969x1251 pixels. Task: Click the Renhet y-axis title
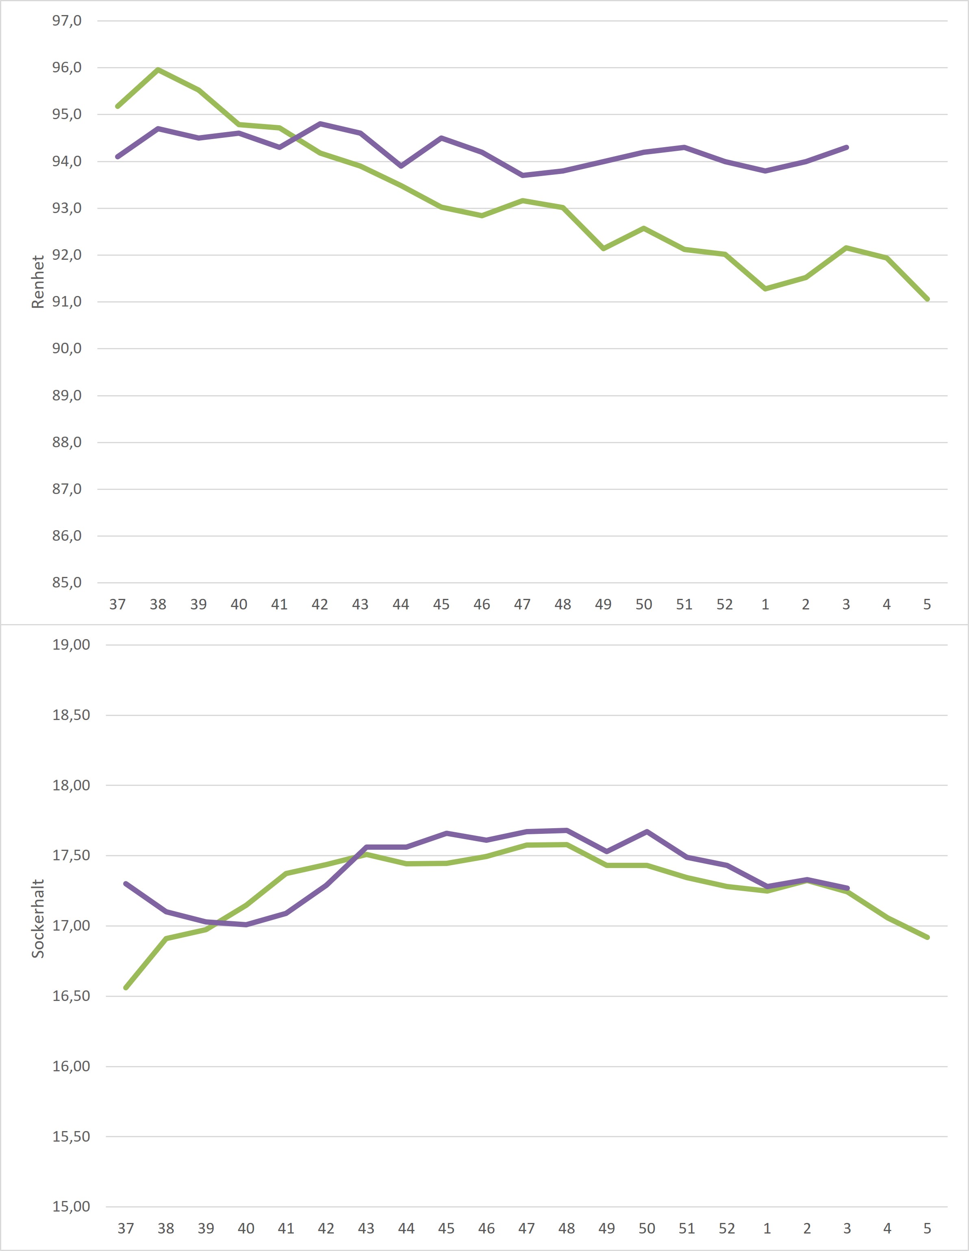point(38,282)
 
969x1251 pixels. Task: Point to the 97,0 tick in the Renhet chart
point(67,21)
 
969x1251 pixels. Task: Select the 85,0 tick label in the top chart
point(67,583)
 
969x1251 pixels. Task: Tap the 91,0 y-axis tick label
point(67,302)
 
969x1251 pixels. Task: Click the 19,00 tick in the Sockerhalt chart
point(71,645)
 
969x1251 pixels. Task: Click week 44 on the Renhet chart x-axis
point(401,604)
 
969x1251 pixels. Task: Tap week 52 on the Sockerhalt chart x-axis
point(727,1228)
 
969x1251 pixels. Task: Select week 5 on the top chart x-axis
point(927,604)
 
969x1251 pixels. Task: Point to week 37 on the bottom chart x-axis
point(126,1228)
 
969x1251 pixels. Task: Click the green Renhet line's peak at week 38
point(158,70)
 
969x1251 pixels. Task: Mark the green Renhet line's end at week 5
point(927,299)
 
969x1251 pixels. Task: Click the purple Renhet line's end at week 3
point(846,147)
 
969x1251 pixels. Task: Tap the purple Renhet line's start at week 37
point(117,157)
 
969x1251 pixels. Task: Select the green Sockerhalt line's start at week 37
point(126,988)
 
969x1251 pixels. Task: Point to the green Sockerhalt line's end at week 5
point(927,937)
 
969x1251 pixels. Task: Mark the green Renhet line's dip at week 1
point(766,289)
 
